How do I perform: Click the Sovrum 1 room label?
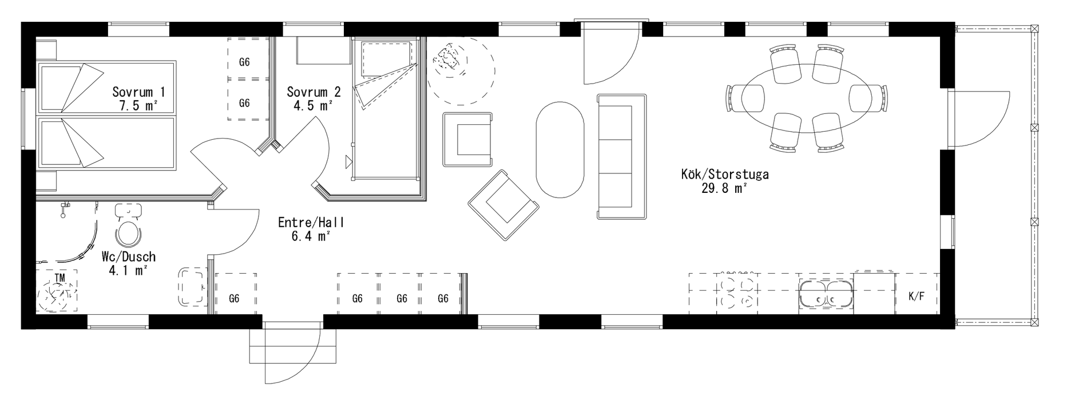(x=139, y=92)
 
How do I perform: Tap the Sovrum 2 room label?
(x=314, y=92)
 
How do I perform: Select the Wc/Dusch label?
(x=128, y=257)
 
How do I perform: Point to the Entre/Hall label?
(x=311, y=223)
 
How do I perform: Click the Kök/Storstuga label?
(x=725, y=175)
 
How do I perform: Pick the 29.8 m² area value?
(x=725, y=189)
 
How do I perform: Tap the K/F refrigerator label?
(x=917, y=297)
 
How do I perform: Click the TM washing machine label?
(x=59, y=278)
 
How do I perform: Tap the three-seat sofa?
(x=622, y=156)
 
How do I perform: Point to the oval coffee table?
(x=560, y=150)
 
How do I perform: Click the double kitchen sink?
(x=826, y=295)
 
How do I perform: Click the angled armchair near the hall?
(x=503, y=204)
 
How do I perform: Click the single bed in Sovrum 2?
(x=387, y=109)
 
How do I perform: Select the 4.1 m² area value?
(x=128, y=271)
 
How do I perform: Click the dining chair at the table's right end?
(x=868, y=98)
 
